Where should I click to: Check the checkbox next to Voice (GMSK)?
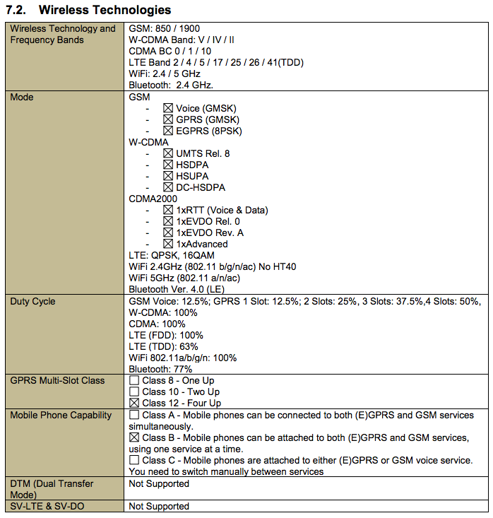click(x=168, y=108)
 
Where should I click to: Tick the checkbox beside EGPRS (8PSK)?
click(x=168, y=131)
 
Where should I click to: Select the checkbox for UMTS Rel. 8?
click(x=168, y=153)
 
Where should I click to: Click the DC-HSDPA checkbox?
click(x=168, y=187)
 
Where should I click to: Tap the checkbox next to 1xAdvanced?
click(x=168, y=244)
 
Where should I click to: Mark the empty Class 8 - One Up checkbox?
click(x=134, y=381)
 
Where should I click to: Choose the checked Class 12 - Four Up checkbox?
click(x=134, y=403)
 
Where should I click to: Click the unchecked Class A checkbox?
click(x=134, y=416)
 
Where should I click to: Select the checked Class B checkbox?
click(x=134, y=438)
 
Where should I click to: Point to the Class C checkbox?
click(x=134, y=461)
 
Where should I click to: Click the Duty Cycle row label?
click(x=32, y=302)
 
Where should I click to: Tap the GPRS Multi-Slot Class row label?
click(x=57, y=381)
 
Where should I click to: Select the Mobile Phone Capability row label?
click(x=61, y=416)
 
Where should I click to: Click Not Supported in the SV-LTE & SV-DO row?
click(x=159, y=506)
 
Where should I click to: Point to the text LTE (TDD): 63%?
click(x=163, y=346)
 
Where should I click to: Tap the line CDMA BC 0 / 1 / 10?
click(x=170, y=52)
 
